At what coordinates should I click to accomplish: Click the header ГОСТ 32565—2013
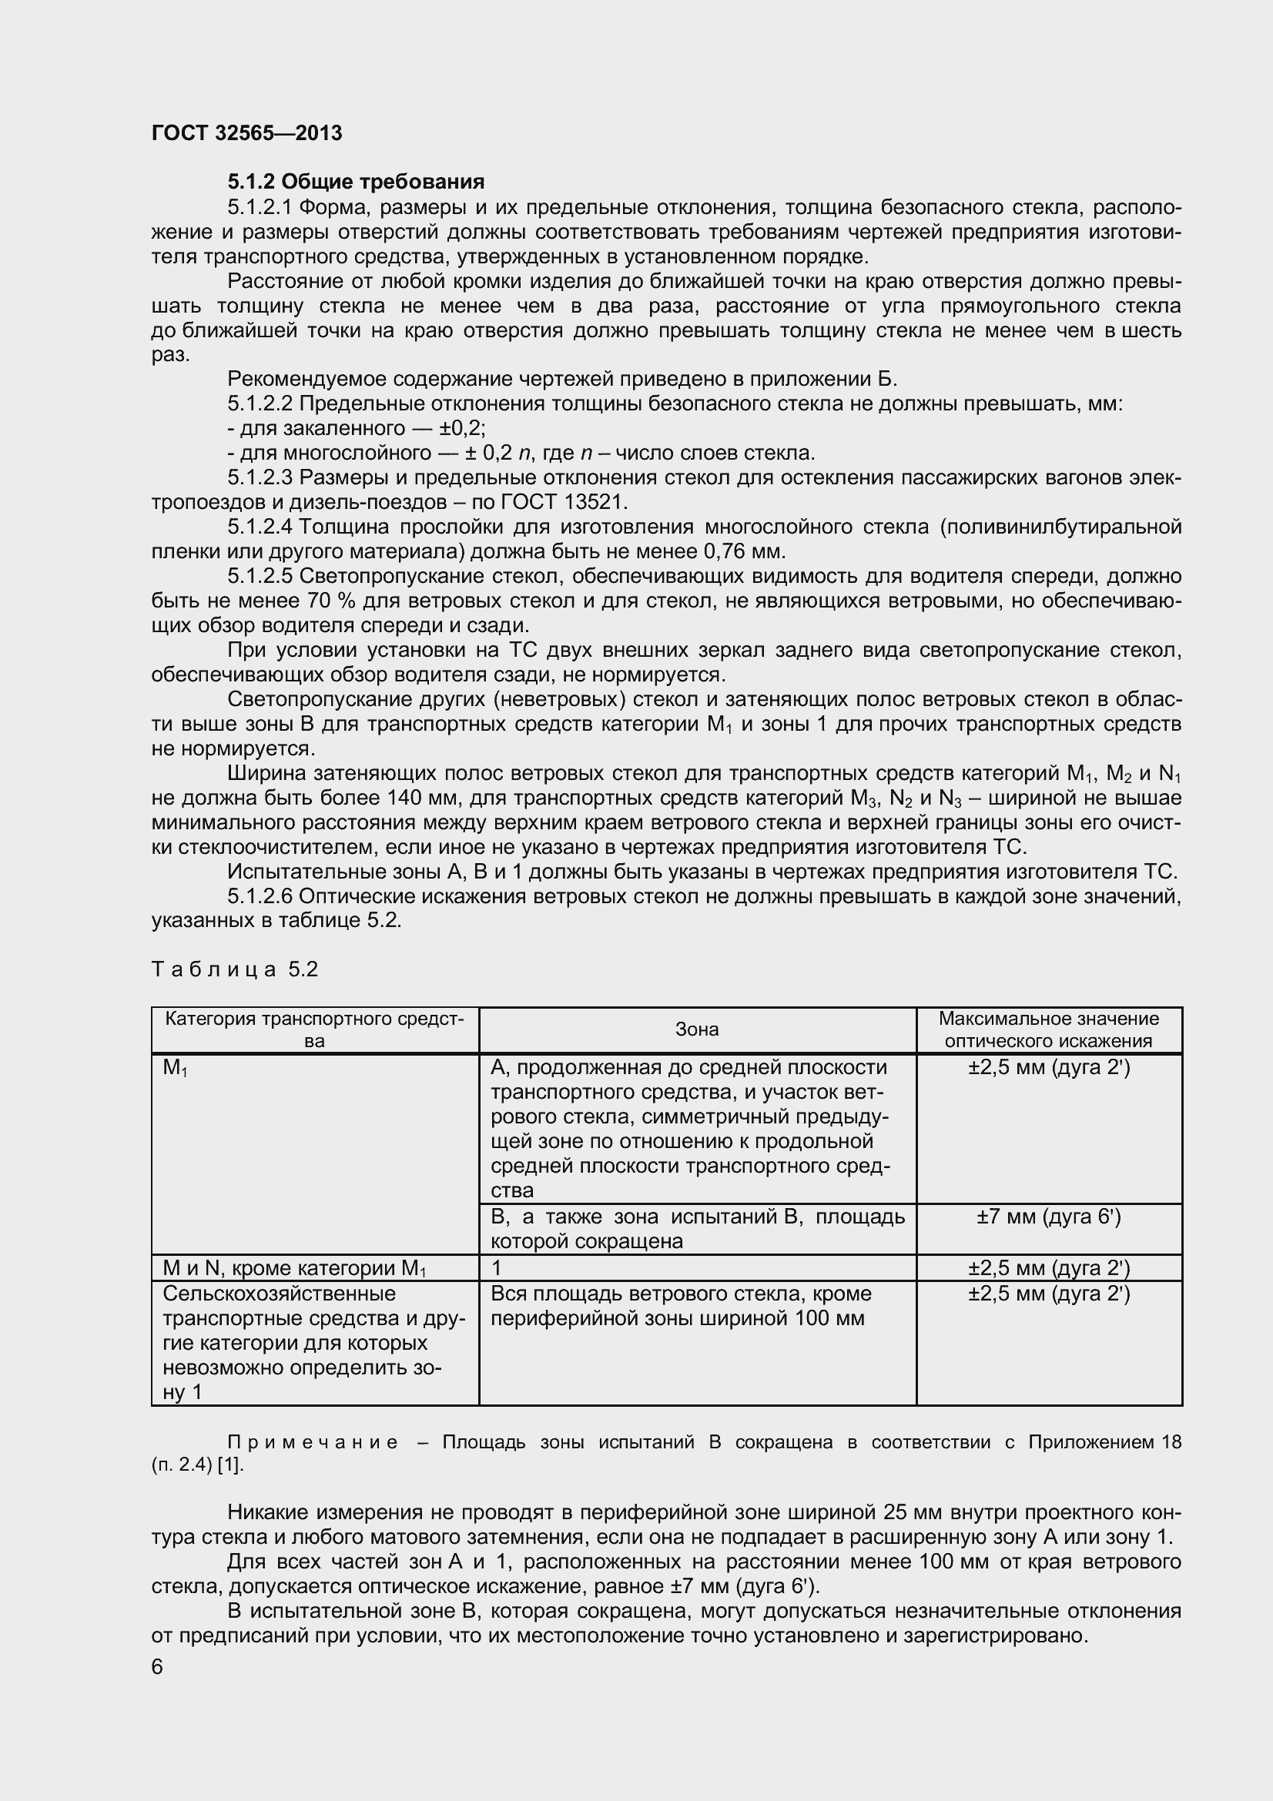click(x=246, y=133)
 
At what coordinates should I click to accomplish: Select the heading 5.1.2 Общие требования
click(x=355, y=182)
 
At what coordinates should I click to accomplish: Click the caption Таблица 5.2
click(x=235, y=969)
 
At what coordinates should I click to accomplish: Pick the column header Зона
click(x=696, y=1029)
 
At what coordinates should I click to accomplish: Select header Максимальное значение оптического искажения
click(x=1049, y=1029)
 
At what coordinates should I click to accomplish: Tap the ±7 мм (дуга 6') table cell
click(x=1049, y=1217)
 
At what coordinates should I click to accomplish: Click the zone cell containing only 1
click(x=496, y=1268)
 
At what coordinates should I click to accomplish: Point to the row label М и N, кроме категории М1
click(x=294, y=1268)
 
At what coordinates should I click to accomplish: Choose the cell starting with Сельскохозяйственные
click(x=313, y=1342)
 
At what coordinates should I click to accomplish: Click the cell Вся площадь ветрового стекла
click(x=681, y=1305)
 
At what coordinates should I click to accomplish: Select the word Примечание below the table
click(x=312, y=1441)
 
